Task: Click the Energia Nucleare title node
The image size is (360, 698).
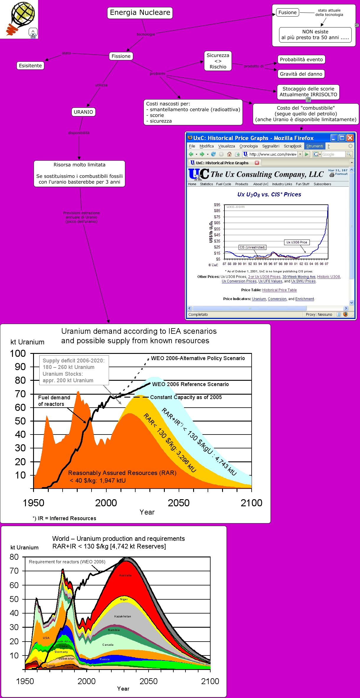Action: coord(140,13)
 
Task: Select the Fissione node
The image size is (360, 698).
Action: coord(121,56)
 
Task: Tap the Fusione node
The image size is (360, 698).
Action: coord(287,12)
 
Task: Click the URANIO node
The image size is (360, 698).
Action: coord(83,112)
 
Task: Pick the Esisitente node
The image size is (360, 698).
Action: coord(30,66)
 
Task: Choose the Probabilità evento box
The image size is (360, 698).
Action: coord(301,59)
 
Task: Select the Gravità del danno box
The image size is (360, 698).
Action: coord(301,74)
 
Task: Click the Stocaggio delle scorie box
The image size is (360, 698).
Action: coord(308,92)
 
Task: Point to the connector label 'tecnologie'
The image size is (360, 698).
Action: coord(146,34)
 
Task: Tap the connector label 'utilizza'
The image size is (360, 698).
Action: coord(101,85)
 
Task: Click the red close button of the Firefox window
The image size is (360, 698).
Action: coord(350,138)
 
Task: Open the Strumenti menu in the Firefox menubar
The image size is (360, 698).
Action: coord(315,146)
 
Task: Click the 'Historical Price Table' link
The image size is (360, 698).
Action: coord(279,290)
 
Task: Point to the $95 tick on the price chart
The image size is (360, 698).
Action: coord(217,205)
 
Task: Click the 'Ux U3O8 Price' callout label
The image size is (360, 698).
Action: coord(297,242)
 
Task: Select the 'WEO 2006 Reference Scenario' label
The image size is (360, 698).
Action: coord(190,384)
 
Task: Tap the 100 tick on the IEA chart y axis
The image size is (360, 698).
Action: coord(18,354)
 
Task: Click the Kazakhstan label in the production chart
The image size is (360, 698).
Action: coord(123,616)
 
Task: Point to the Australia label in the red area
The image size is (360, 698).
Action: coord(125,575)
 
